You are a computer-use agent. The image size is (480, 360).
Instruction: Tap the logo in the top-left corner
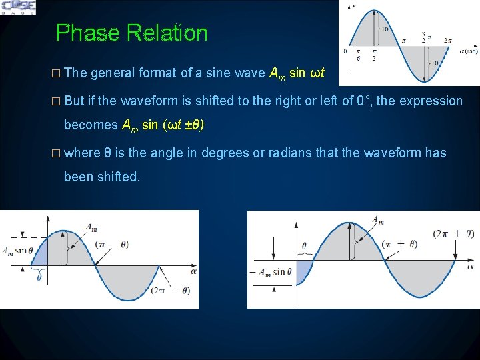19,7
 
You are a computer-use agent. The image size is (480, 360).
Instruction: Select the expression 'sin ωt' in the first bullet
307,73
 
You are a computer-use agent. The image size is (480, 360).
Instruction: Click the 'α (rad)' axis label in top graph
467,51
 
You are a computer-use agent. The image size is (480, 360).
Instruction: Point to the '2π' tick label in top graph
448,41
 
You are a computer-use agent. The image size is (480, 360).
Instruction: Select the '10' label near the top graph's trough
434,63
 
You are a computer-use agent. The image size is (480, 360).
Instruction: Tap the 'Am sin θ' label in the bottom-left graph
16,251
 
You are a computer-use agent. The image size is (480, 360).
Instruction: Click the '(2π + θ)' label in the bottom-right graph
453,233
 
